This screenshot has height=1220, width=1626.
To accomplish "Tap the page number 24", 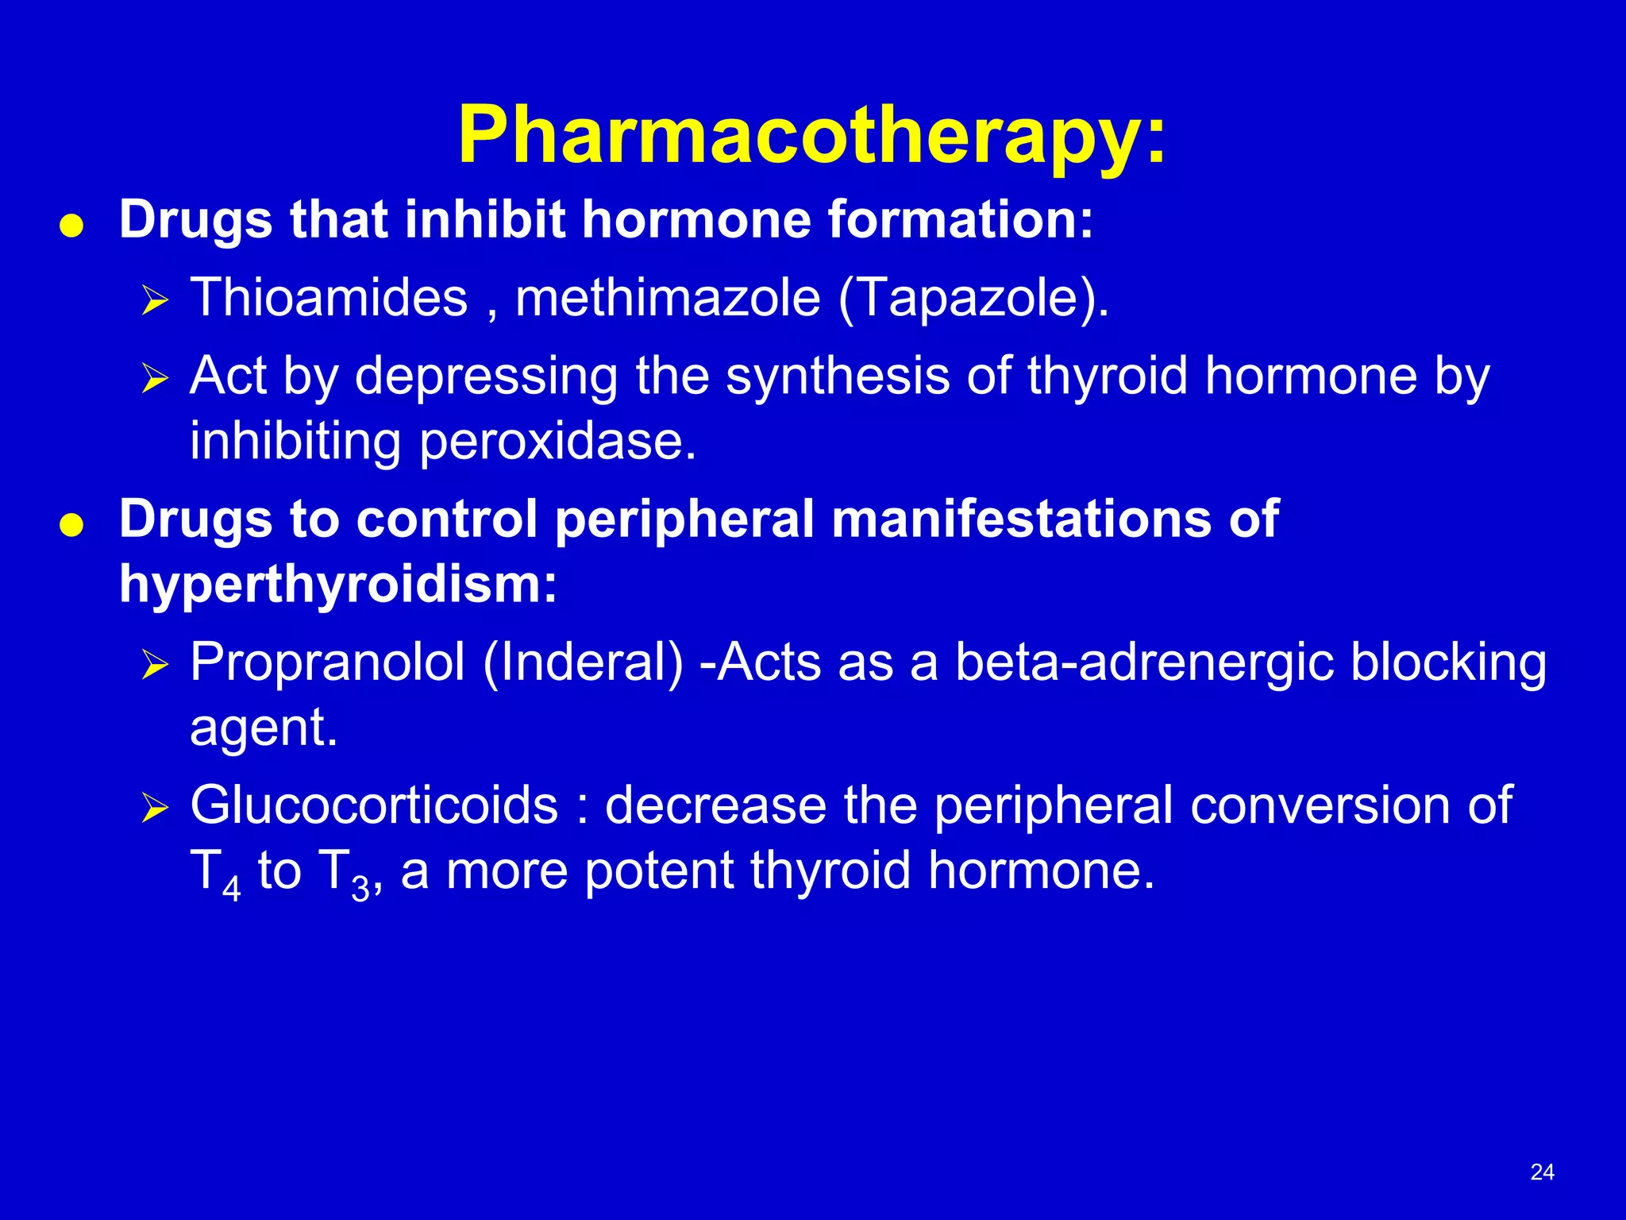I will pyautogui.click(x=1542, y=1172).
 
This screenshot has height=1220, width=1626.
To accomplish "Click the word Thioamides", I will pyautogui.click(x=329, y=298).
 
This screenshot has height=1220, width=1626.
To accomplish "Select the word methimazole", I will pyautogui.click(x=668, y=298).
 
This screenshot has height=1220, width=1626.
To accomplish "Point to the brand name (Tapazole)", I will pyautogui.click(x=973, y=299).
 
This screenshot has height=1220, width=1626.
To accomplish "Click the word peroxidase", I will pyautogui.click(x=557, y=442).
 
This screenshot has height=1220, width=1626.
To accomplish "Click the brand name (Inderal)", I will pyautogui.click(x=583, y=662).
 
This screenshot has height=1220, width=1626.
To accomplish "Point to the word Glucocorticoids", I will pyautogui.click(x=374, y=805).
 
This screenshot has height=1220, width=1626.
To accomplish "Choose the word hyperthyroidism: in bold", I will pyautogui.click(x=338, y=585).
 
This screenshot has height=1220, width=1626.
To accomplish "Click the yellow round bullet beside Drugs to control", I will pyautogui.click(x=71, y=526).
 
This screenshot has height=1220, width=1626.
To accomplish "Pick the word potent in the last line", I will pyautogui.click(x=658, y=871).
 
